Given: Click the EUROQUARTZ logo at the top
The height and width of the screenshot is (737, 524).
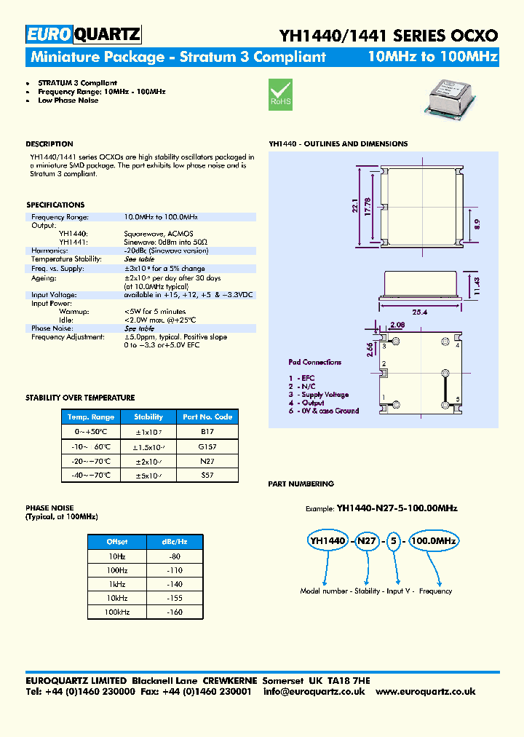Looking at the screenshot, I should coord(83,34).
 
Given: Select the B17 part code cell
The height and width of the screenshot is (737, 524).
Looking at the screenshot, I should coord(207,431).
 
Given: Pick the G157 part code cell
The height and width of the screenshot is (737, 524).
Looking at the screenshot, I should coord(207,446).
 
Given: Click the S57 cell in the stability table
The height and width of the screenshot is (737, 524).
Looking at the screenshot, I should coord(207,475).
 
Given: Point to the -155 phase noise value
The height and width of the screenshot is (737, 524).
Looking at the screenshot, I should coord(175,598).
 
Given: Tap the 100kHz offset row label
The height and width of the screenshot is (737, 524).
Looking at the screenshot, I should coord(117,612).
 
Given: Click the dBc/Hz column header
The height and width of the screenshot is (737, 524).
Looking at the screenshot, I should coord(175,542).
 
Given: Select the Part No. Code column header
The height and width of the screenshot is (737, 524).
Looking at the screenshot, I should coord(207,417).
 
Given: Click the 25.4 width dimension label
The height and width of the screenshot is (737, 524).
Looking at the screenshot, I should coord(418,312).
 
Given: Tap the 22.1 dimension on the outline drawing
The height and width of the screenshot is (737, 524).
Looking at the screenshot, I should coord(355,207).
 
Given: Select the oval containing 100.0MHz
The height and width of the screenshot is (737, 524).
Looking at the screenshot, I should coord(433,540).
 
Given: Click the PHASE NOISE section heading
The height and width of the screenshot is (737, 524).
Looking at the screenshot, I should coord(49,508).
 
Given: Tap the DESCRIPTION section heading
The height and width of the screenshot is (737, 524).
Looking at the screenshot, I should coord(49,144).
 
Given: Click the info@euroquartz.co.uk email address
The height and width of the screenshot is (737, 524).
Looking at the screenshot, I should coord(314,691).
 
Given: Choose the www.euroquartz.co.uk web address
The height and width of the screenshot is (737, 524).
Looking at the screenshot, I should coord(426,691).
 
